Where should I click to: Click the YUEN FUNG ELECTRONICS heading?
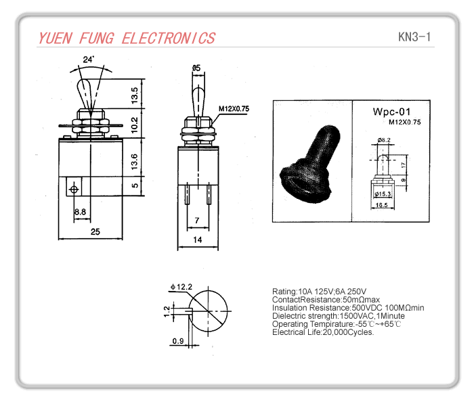pos(127,38)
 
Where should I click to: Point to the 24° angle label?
pos(89,60)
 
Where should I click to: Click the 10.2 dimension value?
pos(135,125)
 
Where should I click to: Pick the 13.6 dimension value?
pos(135,160)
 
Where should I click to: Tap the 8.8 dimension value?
pos(80,212)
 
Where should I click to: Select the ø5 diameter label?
pos(196,68)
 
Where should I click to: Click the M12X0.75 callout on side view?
pos(234,108)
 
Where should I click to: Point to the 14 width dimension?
pos(198,240)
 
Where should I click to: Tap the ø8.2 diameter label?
pos(384,140)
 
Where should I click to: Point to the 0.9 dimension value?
pos(178,340)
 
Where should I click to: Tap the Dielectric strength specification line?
pos(338,316)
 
